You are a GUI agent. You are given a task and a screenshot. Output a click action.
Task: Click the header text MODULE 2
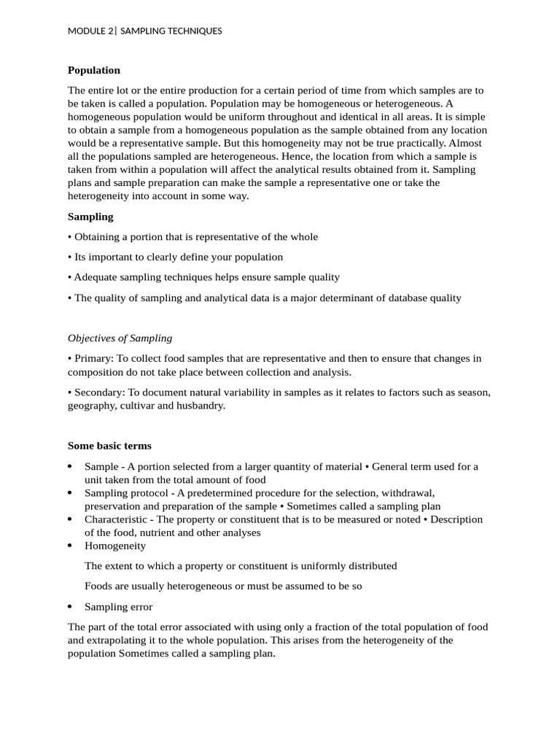click(90, 31)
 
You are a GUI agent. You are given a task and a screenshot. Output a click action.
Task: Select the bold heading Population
click(93, 70)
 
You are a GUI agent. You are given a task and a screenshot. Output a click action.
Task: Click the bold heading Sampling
click(90, 217)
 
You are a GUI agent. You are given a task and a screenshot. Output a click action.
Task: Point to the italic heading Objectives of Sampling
click(120, 338)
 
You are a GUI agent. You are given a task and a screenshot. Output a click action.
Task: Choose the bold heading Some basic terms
click(109, 446)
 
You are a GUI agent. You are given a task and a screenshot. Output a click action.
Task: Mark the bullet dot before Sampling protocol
click(69, 493)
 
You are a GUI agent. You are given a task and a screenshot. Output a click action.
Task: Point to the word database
click(389, 298)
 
